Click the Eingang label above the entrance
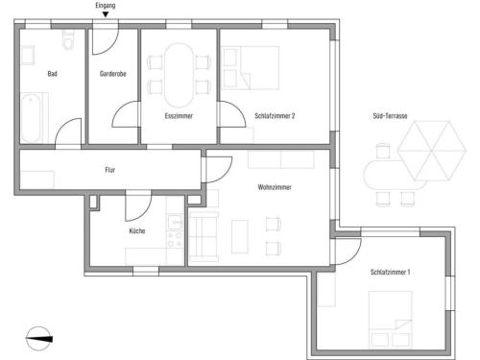click(106, 6)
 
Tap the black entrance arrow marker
click(106, 14)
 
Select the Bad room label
click(53, 74)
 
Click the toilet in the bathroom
click(67, 40)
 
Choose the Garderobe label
click(113, 74)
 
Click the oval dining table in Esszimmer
click(179, 75)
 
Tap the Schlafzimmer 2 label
click(275, 116)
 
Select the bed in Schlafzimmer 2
click(251, 67)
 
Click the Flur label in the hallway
click(109, 170)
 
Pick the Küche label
click(137, 231)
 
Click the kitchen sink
click(175, 222)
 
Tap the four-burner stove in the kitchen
click(175, 240)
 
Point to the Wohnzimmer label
click(275, 187)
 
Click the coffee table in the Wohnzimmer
click(240, 236)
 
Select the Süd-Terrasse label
click(390, 116)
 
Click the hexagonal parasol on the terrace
click(432, 151)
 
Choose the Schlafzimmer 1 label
click(390, 273)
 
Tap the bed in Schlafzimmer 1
click(390, 319)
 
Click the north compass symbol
click(38, 339)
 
